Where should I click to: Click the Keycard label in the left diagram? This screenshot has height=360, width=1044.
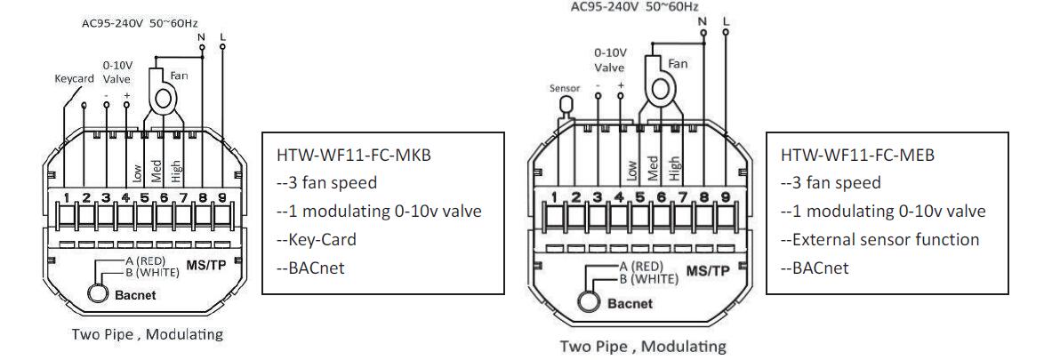[74, 77]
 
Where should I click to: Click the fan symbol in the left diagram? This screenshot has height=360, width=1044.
[162, 99]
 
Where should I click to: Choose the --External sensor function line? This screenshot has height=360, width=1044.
[879, 240]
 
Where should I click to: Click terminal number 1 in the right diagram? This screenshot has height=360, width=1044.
[554, 196]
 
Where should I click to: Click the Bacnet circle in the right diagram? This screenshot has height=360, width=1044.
[591, 301]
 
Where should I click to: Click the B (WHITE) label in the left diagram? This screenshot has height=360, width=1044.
[153, 273]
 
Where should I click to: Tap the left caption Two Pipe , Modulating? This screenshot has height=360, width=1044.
[134, 335]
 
